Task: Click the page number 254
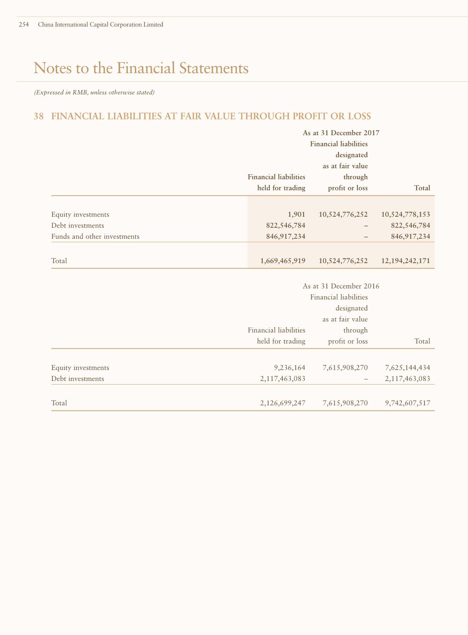[x=24, y=24]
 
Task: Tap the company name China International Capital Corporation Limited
[x=100, y=24]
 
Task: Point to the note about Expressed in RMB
[x=94, y=93]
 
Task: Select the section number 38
[x=39, y=116]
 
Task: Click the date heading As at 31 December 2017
[x=341, y=133]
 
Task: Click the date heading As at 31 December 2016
[x=341, y=286]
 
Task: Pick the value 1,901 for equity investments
[x=297, y=214]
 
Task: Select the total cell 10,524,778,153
[x=405, y=214]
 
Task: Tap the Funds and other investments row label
[x=95, y=236]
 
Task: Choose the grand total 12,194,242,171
[x=405, y=260]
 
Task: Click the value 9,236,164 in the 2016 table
[x=289, y=368]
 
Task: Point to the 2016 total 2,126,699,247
[x=283, y=403]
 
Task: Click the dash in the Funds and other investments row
[x=366, y=237]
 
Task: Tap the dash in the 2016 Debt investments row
[x=366, y=379]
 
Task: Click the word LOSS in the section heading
[x=358, y=116]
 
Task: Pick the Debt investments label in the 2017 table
[x=77, y=225]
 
